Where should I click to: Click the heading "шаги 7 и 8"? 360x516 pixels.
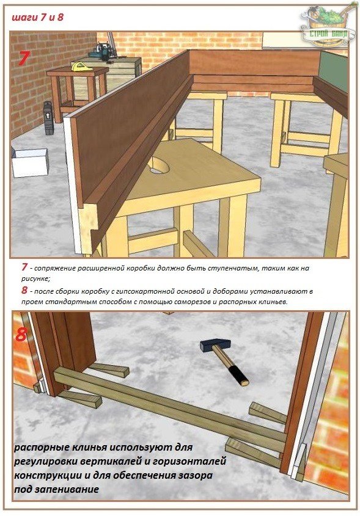pyautogui.click(x=37, y=17)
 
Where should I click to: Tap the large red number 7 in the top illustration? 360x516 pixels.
pyautogui.click(x=24, y=58)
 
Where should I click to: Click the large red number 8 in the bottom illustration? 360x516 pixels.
pyautogui.click(x=21, y=335)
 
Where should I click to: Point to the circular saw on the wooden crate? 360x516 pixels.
pyautogui.click(x=103, y=53)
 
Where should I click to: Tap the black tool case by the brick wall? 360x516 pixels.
pyautogui.click(x=49, y=117)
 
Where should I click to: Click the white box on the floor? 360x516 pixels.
pyautogui.click(x=30, y=162)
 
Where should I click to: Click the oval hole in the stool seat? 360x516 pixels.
pyautogui.click(x=159, y=165)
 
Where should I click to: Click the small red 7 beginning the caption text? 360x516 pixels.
pyautogui.click(x=24, y=267)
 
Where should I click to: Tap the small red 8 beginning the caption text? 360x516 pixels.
pyautogui.click(x=24, y=290)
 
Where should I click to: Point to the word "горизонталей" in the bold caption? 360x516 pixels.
pyautogui.click(x=189, y=462)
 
